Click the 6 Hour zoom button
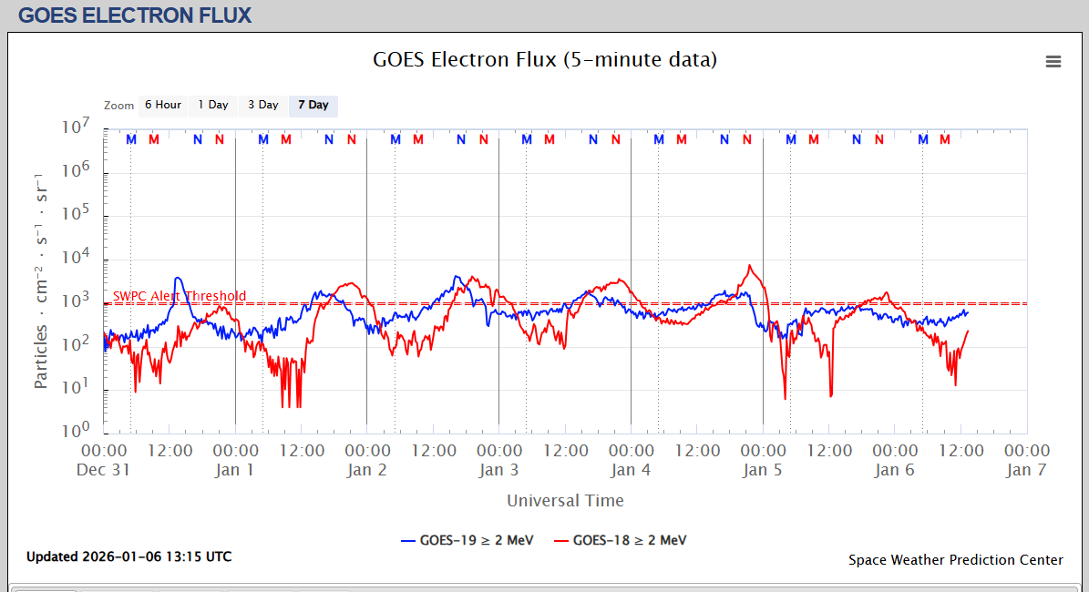click(163, 106)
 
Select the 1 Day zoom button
click(213, 106)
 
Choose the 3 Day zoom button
click(263, 106)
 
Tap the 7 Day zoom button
click(313, 106)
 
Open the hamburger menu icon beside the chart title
click(1053, 62)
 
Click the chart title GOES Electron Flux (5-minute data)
click(545, 60)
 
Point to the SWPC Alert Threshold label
click(180, 296)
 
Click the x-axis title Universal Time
click(565, 500)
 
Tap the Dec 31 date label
click(105, 470)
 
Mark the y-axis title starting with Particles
click(42, 280)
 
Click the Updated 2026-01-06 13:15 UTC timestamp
click(128, 556)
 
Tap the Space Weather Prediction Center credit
click(955, 560)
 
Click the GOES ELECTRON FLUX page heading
click(135, 15)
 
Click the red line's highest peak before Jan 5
click(749, 266)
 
